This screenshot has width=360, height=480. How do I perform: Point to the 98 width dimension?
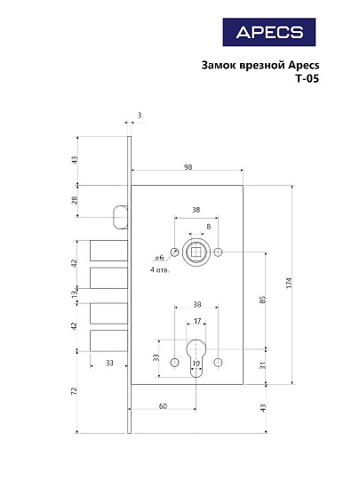pos(188,166)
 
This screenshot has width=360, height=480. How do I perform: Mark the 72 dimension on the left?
pos(76,390)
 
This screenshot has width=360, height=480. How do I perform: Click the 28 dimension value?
pos(76,200)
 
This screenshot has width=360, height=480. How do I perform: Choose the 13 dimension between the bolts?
pos(76,294)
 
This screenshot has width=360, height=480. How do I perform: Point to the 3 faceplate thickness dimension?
pos(140,116)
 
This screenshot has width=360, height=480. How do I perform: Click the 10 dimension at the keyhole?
pos(196,363)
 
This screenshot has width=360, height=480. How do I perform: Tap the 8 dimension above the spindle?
pos(209,227)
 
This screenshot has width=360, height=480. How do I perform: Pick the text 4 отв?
pos(161,268)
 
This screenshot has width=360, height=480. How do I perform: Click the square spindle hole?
pos(196,253)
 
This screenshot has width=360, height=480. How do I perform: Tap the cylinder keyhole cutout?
pos(196,356)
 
